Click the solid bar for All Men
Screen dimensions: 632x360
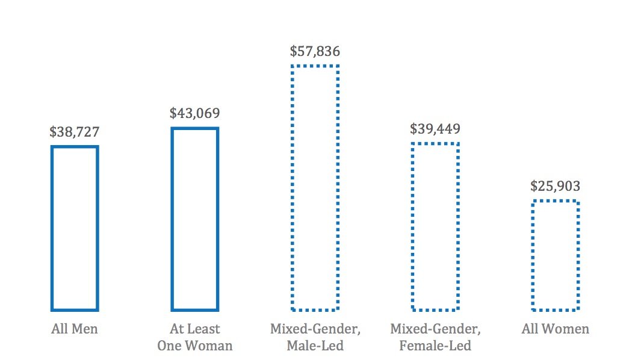point(52,228)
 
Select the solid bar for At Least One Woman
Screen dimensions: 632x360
point(172,219)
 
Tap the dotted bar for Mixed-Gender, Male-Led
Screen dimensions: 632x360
point(293,188)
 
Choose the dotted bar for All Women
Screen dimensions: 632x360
point(533,256)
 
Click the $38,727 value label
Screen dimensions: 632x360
point(75,132)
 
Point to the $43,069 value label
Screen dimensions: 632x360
point(194,113)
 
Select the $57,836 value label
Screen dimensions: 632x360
point(315,51)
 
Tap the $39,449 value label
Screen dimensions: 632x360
point(435,129)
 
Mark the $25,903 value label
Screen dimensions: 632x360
point(555,186)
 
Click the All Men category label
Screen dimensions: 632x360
point(75,329)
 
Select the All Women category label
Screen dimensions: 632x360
point(556,329)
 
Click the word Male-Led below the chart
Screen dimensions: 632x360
point(315,346)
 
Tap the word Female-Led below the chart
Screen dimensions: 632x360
point(435,346)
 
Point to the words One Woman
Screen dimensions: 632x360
point(194,346)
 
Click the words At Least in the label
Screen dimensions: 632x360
point(194,329)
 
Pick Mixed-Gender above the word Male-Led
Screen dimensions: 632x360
point(315,329)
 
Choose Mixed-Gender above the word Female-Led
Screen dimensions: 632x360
point(435,329)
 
